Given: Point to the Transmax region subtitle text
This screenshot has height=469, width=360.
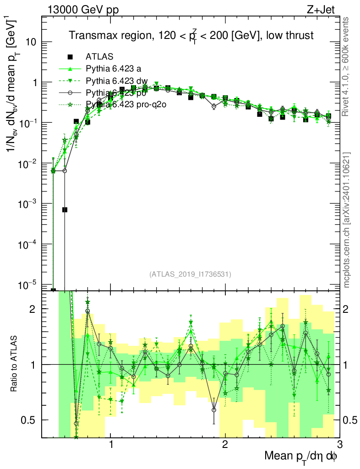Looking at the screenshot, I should [x=191, y=36].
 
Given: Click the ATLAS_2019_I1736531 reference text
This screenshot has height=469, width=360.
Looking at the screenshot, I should [x=190, y=274].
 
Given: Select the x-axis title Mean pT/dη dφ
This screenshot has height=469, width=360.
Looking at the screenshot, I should [x=301, y=456].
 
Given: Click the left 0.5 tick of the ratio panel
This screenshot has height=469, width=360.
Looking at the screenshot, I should [x=30, y=420].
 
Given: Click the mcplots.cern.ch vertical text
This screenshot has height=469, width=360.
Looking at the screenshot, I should [x=347, y=219].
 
